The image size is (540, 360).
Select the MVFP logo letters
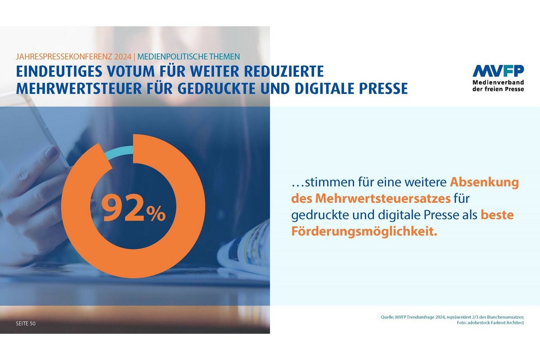coord(498,71)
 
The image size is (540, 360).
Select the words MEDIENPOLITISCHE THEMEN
coord(189,57)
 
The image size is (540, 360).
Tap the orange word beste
coord(497,216)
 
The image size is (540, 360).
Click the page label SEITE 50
coord(26,324)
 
